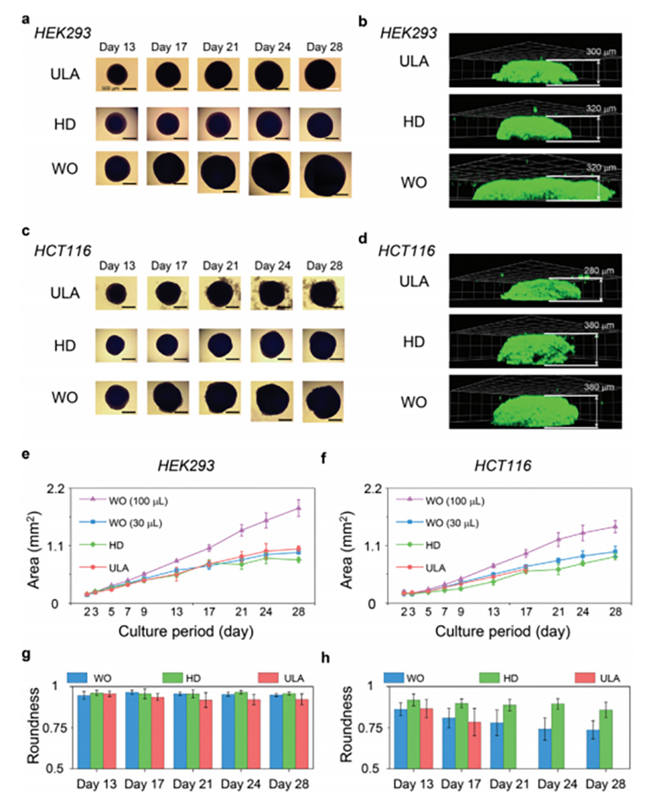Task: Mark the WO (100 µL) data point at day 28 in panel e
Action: point(298,508)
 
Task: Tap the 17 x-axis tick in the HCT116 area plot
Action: point(526,612)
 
